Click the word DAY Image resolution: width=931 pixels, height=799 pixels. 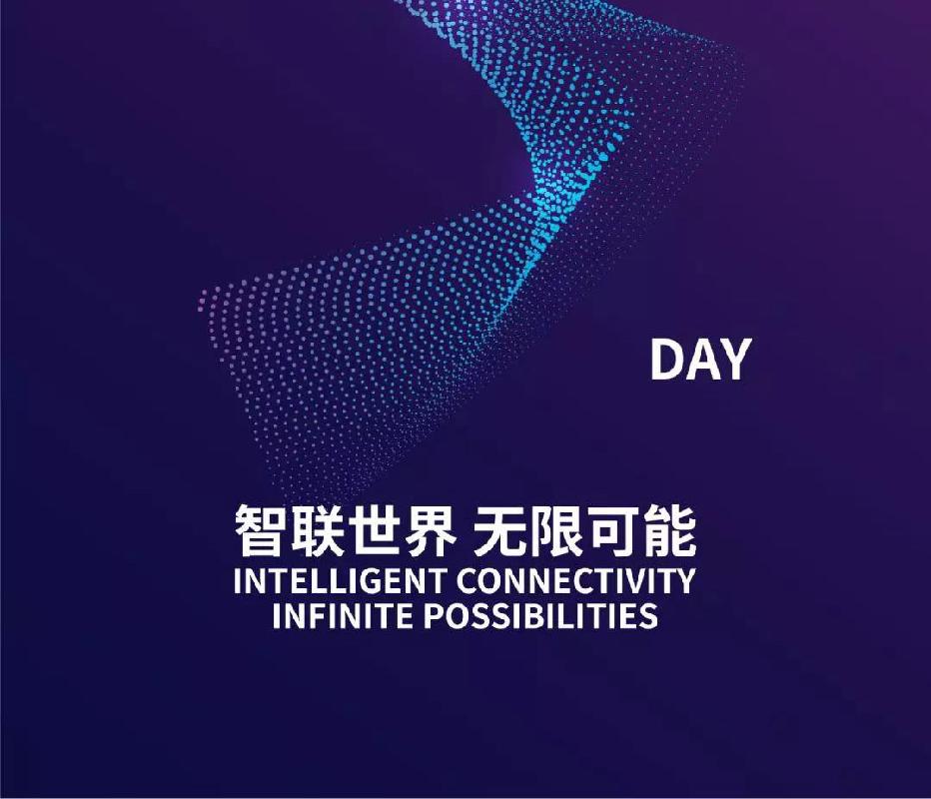coord(701,360)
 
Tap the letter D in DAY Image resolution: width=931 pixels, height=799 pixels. coord(666,360)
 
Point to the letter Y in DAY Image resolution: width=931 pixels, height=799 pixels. coord(736,360)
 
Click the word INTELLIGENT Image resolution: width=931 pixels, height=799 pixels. coord(340,580)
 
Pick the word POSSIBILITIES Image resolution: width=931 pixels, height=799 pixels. coord(540,615)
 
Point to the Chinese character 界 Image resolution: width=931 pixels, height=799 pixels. coord(430,530)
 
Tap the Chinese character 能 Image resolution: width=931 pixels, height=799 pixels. coord(671,530)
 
